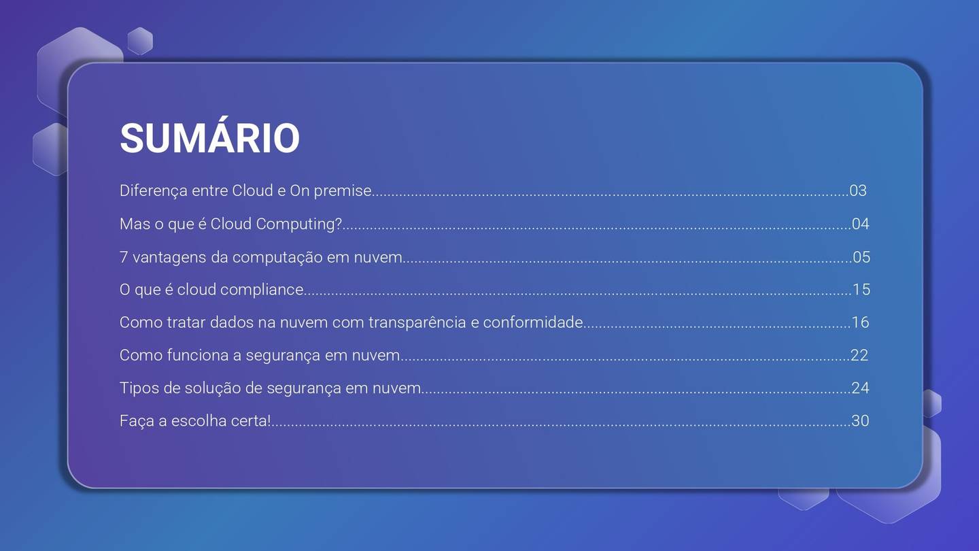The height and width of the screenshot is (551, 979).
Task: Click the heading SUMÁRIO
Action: click(209, 138)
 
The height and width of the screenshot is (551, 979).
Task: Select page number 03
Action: click(858, 190)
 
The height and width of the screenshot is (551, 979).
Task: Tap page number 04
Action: click(861, 224)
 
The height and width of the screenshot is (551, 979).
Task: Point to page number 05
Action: click(861, 257)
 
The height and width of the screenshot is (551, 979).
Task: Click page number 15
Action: click(861, 290)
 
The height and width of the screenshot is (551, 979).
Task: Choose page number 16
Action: click(861, 322)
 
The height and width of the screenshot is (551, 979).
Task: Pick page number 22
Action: click(860, 355)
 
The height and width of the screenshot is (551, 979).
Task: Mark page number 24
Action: click(861, 388)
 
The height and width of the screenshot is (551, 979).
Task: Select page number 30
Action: click(861, 421)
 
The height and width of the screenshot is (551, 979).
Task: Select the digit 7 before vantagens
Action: click(124, 257)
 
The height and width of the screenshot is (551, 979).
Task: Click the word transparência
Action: click(417, 322)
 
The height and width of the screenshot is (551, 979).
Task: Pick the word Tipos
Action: click(137, 388)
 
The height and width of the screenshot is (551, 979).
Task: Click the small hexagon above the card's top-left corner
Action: click(140, 41)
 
